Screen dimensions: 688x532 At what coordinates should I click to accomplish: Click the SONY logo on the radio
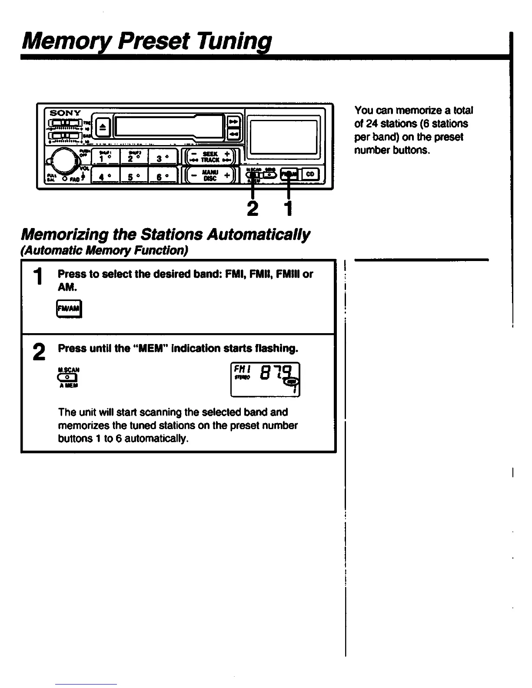[x=65, y=113]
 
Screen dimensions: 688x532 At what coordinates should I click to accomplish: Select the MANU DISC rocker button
[x=210, y=175]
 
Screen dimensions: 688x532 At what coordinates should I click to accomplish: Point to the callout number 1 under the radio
[x=288, y=209]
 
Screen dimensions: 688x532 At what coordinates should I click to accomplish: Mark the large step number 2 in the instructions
[x=39, y=351]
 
